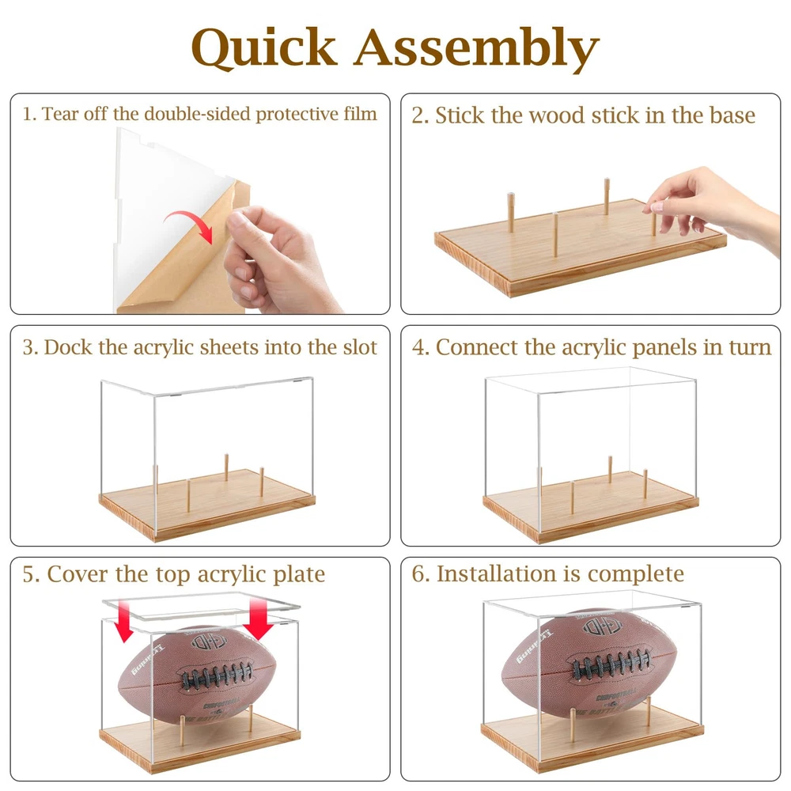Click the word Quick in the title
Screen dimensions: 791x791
pyautogui.click(x=264, y=48)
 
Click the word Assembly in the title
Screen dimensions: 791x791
pyautogui.click(x=476, y=49)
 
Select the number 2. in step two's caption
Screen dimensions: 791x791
pyautogui.click(x=420, y=115)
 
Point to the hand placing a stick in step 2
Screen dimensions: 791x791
pyautogui.click(x=717, y=206)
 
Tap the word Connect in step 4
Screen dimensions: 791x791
pyautogui.click(x=477, y=347)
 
